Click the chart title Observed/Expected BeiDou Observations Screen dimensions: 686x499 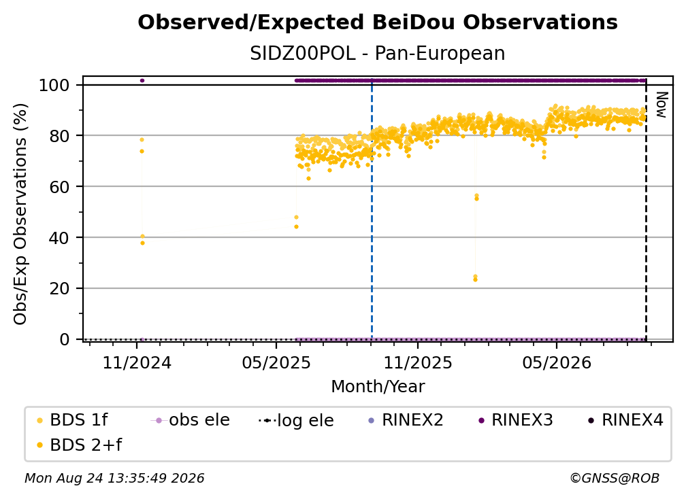(x=378, y=22)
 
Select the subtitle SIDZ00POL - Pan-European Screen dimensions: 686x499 (x=378, y=54)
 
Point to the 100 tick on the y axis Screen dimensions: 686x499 (x=54, y=85)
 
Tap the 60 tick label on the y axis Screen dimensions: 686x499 (x=59, y=187)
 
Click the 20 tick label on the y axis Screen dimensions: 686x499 (x=59, y=289)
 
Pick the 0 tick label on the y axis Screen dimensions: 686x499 (x=65, y=339)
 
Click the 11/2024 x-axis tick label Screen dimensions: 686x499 (x=137, y=362)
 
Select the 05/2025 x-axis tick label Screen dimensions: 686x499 (x=276, y=362)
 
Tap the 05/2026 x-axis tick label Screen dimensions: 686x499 (x=557, y=362)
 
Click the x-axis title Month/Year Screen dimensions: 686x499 (x=378, y=386)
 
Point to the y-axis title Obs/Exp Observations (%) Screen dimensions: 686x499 (x=20, y=214)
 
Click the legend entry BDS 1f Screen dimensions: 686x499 (x=72, y=420)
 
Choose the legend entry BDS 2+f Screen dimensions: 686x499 (x=79, y=445)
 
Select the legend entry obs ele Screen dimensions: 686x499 (x=191, y=420)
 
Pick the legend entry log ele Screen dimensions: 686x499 (x=296, y=420)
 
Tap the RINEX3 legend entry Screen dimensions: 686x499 (x=516, y=420)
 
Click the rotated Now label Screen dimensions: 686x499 (x=661, y=105)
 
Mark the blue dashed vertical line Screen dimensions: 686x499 (x=372, y=209)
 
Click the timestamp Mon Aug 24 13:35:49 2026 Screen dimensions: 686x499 (x=114, y=479)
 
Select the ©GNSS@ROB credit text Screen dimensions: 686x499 (x=615, y=479)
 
